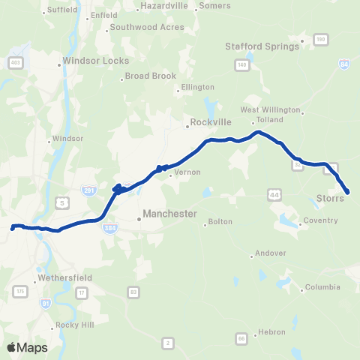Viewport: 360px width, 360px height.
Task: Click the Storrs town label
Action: point(330,198)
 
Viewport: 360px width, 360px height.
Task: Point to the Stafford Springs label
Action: point(262,46)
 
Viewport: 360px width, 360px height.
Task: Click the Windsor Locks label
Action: point(96,61)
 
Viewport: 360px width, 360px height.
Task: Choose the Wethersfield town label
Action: point(66,277)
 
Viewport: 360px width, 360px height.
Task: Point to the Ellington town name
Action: point(193,88)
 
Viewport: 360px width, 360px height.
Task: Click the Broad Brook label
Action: point(150,76)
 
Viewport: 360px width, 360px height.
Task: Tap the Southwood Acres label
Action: point(146,27)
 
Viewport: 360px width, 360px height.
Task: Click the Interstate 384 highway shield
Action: point(109,225)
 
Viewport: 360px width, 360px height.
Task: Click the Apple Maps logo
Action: point(27,347)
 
